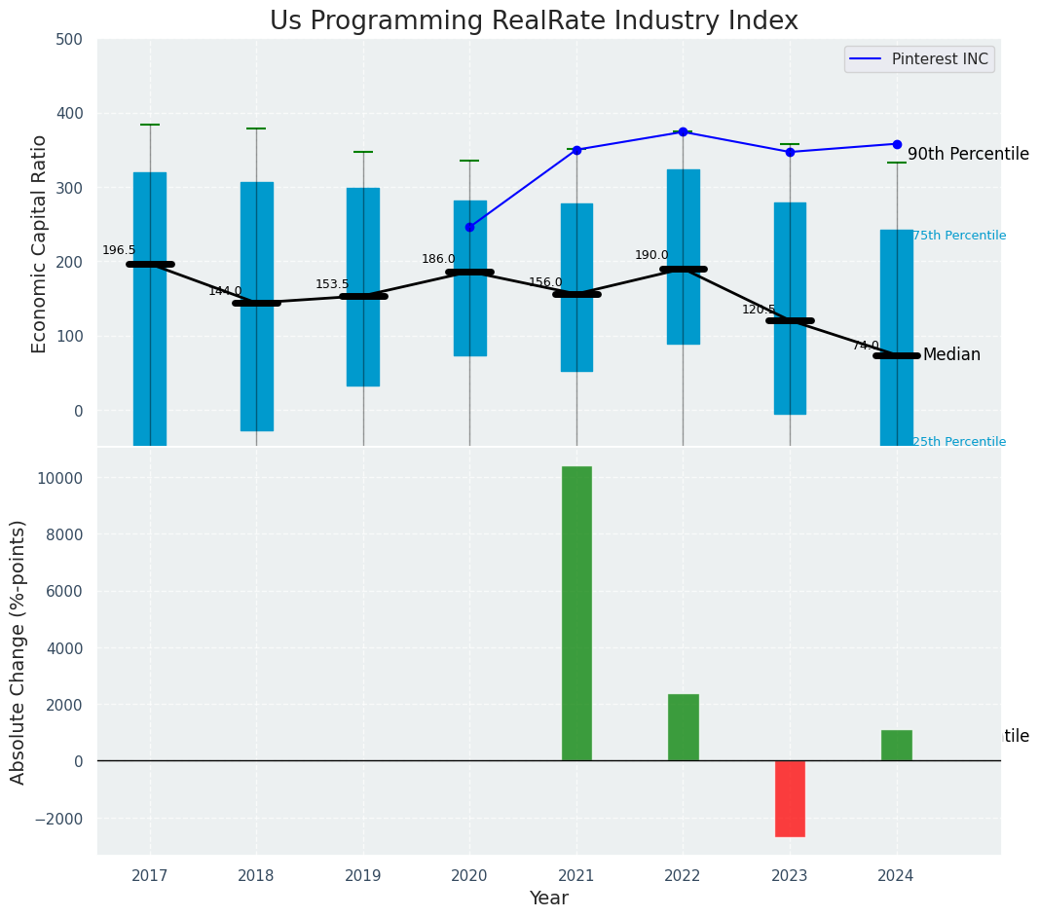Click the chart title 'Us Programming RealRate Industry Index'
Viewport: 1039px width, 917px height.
click(x=534, y=21)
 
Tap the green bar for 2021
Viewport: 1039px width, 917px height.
click(x=576, y=613)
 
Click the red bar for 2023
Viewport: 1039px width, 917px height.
click(x=790, y=798)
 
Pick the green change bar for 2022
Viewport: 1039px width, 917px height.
click(x=683, y=727)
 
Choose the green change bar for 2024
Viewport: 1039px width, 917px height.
click(x=896, y=745)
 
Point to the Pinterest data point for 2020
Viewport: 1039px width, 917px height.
click(x=469, y=227)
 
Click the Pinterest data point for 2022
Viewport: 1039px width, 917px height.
click(x=683, y=131)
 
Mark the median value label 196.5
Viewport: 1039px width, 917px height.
click(x=119, y=250)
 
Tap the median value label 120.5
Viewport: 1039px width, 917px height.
click(x=759, y=310)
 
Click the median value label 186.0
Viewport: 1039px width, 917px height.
click(x=438, y=259)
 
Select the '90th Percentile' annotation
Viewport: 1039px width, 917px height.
click(x=968, y=154)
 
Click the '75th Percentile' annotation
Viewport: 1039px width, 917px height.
click(x=959, y=236)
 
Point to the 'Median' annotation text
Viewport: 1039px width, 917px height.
click(x=951, y=354)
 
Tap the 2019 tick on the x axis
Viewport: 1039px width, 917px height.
click(x=363, y=875)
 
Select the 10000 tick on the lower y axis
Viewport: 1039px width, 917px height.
click(x=59, y=478)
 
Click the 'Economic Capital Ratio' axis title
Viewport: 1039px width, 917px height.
click(x=40, y=243)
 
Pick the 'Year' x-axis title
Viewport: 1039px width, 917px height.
click(x=548, y=899)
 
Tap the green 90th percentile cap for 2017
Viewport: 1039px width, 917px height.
click(x=150, y=125)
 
